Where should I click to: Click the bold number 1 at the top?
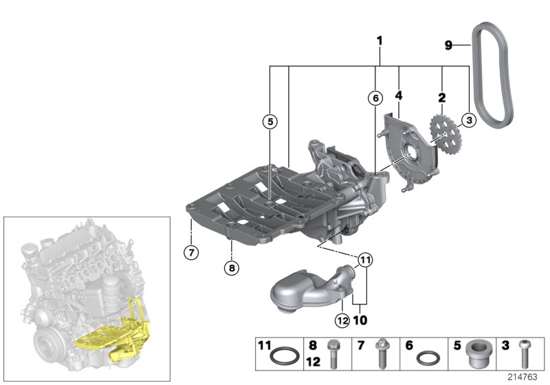[379, 41]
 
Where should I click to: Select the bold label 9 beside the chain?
[448, 46]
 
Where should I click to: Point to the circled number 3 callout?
[468, 121]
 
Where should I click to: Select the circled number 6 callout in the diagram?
[375, 98]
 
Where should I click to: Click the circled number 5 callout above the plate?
[270, 122]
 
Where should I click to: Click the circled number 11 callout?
[364, 260]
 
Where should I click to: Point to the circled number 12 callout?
[342, 318]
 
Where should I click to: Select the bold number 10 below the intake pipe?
[360, 320]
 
